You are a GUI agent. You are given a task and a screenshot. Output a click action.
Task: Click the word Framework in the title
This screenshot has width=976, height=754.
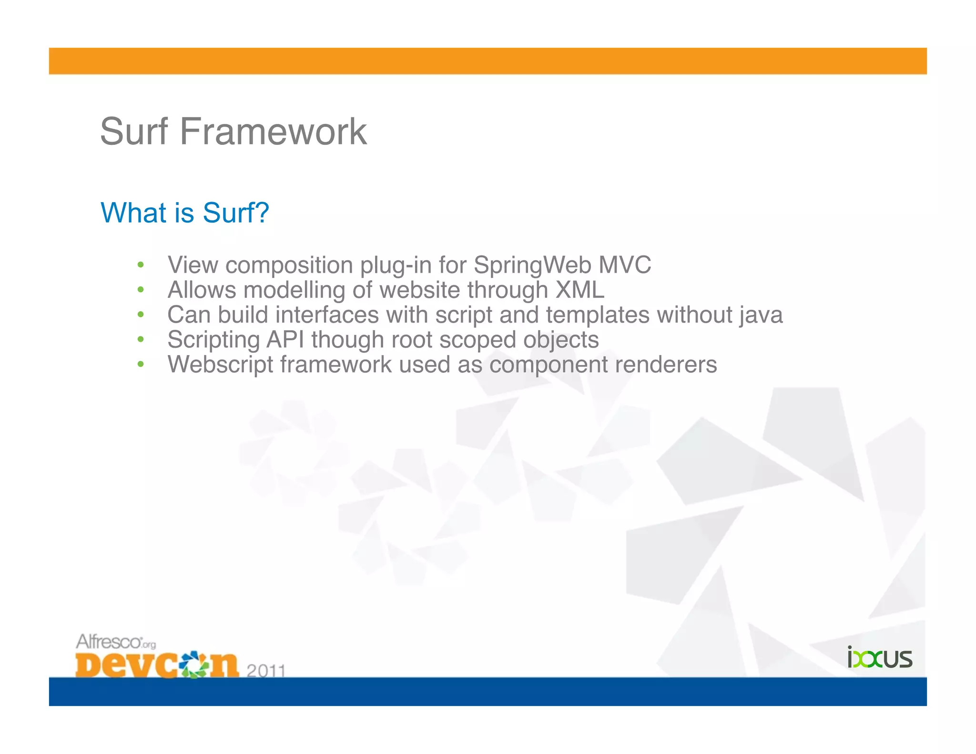point(273,132)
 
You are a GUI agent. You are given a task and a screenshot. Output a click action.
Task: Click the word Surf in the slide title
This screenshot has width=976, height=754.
point(134,132)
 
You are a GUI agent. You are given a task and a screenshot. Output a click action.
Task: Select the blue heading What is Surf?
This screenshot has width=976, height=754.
point(185,213)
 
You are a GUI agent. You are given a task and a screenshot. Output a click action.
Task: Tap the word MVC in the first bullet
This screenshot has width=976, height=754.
point(624,265)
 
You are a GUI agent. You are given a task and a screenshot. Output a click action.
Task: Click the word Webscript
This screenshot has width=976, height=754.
point(220,365)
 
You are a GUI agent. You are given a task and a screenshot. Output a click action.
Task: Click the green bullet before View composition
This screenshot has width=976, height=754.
point(140,265)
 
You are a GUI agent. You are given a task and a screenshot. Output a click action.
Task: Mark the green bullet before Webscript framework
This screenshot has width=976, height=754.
point(140,365)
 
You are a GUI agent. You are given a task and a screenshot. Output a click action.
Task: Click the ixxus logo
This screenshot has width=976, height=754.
point(879,658)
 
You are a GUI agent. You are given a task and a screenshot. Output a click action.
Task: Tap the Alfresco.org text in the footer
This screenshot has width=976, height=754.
point(116,642)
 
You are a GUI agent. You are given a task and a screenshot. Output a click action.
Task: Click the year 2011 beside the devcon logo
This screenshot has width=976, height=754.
point(266,670)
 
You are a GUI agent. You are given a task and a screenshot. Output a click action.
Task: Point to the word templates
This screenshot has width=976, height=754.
point(598,315)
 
